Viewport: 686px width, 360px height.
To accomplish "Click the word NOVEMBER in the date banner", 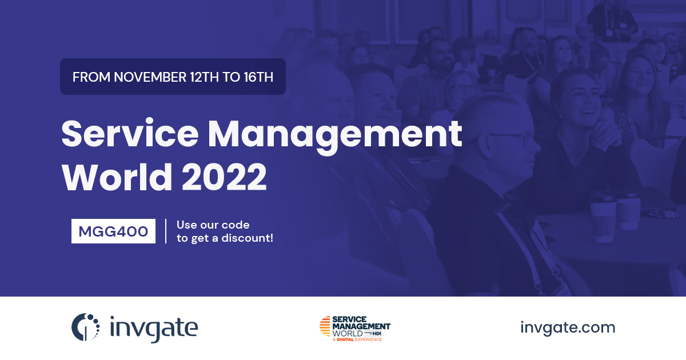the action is (150, 77).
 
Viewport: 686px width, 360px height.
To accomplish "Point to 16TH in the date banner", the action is (258, 77).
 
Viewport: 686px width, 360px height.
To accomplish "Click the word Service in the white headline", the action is (130, 134).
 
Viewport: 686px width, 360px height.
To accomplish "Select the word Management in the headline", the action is (335, 137).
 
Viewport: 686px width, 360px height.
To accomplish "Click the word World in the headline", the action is (117, 177).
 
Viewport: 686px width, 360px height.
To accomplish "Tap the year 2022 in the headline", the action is (224, 178).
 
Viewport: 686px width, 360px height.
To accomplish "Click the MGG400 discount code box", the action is (113, 231).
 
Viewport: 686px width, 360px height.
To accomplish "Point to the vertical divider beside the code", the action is (166, 231).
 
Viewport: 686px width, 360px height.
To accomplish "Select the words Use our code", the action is (213, 225).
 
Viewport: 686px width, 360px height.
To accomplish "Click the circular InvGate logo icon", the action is (85, 327).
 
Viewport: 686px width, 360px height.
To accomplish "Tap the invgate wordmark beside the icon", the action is (154, 329).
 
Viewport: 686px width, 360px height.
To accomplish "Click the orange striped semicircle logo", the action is (325, 326).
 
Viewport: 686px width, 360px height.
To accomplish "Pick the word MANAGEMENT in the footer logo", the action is (361, 326).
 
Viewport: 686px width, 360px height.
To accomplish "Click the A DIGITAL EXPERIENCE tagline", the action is (357, 339).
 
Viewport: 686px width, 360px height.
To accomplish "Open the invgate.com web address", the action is (568, 327).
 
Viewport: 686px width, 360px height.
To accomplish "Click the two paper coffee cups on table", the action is (615, 216).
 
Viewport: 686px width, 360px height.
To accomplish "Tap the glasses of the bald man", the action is (508, 135).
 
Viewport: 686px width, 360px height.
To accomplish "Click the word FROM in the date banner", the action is (91, 77).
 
